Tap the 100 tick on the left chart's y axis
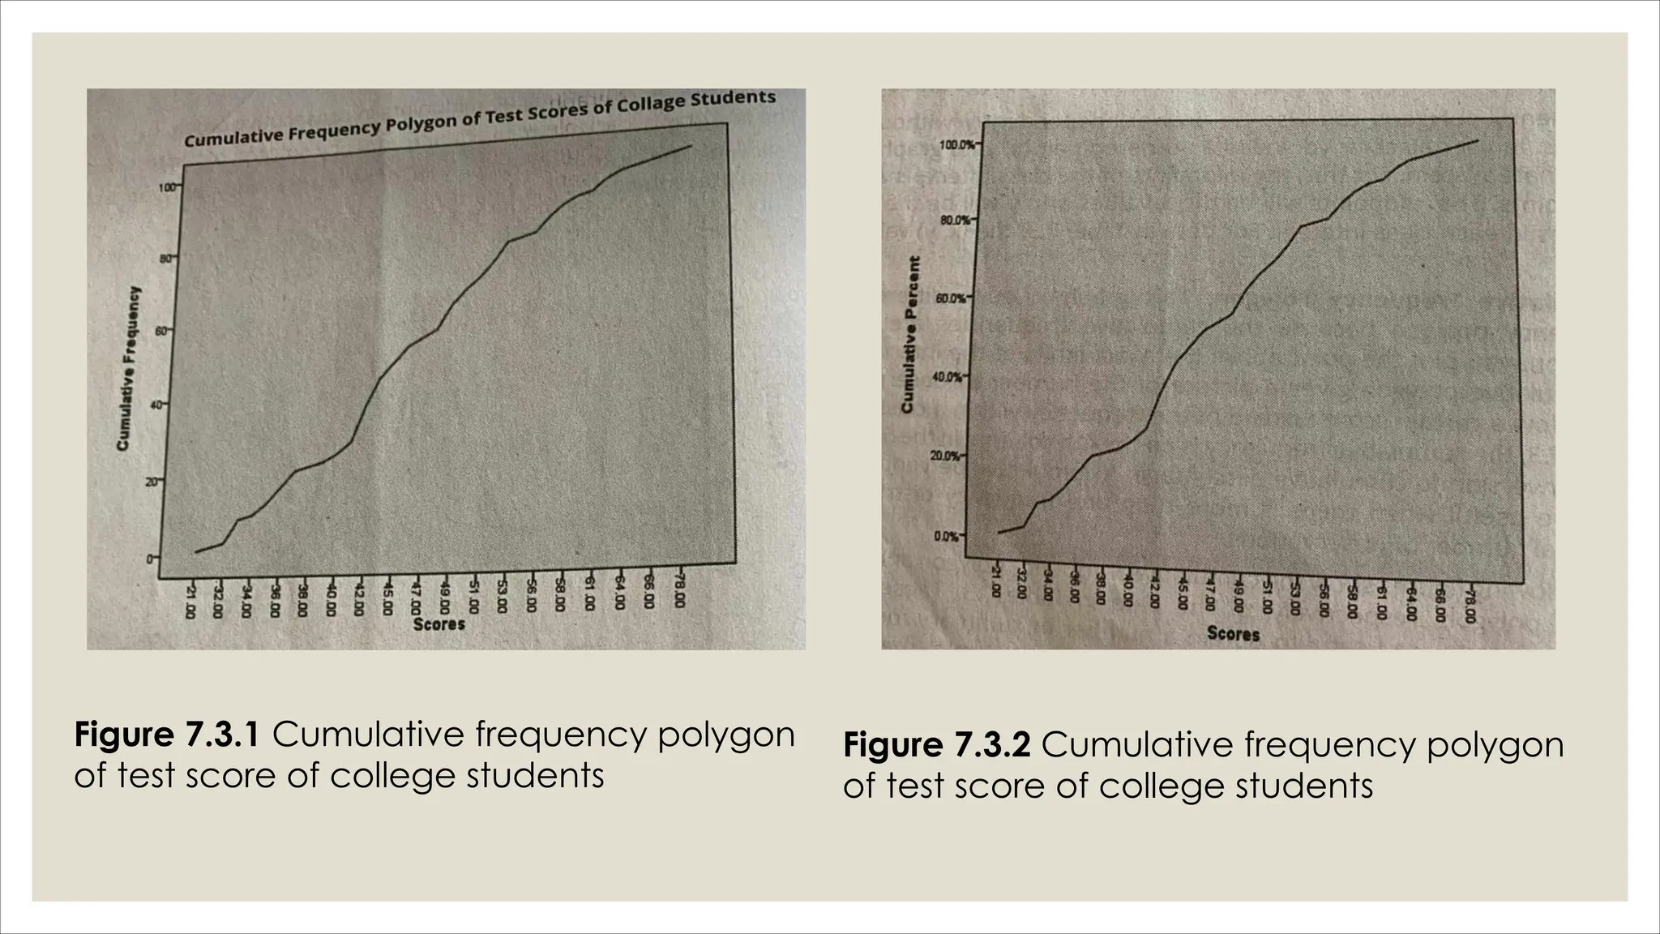(167, 187)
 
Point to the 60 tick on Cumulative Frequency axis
(160, 332)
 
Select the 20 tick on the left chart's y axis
(152, 482)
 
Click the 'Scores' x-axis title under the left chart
(439, 624)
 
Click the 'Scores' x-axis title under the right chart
(1233, 633)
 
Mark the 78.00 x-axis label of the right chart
(1470, 606)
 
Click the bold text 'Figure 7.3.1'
(167, 735)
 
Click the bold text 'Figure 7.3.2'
(936, 745)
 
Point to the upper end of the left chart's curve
(691, 146)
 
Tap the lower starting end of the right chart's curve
(999, 533)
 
